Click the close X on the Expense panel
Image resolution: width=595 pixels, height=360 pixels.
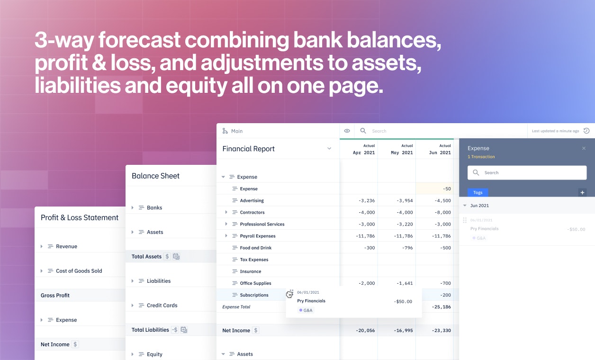pyautogui.click(x=584, y=148)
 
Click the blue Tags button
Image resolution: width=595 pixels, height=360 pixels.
pyautogui.click(x=478, y=192)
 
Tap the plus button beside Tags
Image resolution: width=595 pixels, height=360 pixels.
pyautogui.click(x=583, y=192)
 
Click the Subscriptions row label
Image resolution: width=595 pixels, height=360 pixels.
pyautogui.click(x=254, y=295)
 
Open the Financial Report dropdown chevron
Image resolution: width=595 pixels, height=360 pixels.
pyautogui.click(x=329, y=149)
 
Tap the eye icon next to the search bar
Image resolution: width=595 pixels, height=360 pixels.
pyautogui.click(x=347, y=131)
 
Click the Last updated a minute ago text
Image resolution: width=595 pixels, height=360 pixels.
pyautogui.click(x=555, y=131)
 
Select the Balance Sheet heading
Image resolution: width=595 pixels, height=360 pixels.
pyautogui.click(x=155, y=176)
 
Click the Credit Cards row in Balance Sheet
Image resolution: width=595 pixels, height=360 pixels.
pyautogui.click(x=162, y=306)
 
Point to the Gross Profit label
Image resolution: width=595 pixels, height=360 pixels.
pyautogui.click(x=55, y=295)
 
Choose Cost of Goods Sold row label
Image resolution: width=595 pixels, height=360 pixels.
pyautogui.click(x=79, y=271)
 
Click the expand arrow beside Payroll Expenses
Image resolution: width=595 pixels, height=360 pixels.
pyautogui.click(x=226, y=236)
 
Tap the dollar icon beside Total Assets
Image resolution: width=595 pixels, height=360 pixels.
pyautogui.click(x=167, y=256)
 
